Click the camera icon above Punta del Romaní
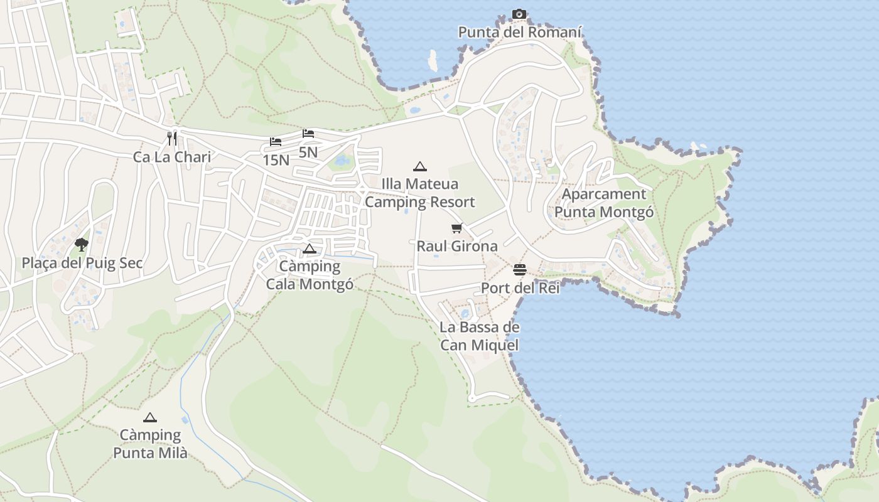[519, 14]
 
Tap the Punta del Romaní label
[520, 32]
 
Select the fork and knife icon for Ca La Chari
[172, 138]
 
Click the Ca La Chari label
[172, 157]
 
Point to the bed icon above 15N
[276, 142]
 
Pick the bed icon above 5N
[308, 134]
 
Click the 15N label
[276, 160]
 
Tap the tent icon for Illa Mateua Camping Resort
[419, 166]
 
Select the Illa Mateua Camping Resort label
[419, 193]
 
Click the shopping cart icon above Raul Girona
[456, 228]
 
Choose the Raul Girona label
[457, 246]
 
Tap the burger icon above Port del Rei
[520, 270]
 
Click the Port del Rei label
[520, 288]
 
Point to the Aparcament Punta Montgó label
[604, 203]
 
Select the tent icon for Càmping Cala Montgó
[309, 248]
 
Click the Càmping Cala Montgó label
[310, 275]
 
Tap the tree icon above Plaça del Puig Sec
[81, 245]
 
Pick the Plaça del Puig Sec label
[82, 263]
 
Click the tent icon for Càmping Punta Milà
[149, 417]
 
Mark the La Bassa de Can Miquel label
[480, 336]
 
